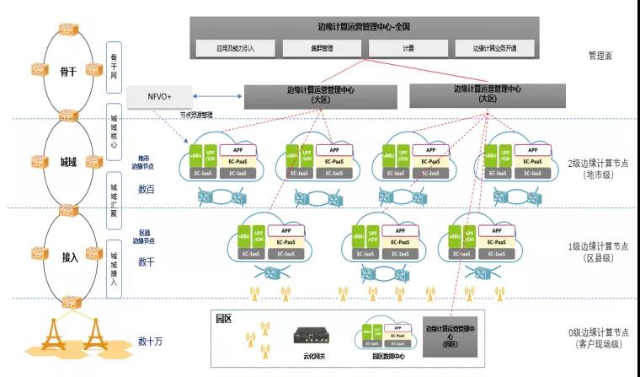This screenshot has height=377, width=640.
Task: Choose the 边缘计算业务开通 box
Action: (x=494, y=48)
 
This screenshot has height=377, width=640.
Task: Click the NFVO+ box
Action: (x=160, y=97)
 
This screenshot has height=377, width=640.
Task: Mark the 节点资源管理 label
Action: (x=195, y=115)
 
